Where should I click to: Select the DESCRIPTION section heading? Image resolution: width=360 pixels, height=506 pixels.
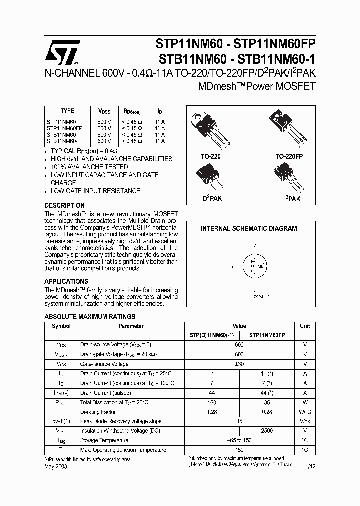click(64, 205)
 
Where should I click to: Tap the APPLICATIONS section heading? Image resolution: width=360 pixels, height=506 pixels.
click(66, 281)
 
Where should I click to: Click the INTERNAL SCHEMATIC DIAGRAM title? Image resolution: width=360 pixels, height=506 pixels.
click(249, 228)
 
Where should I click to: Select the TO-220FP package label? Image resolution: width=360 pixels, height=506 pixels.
click(289, 156)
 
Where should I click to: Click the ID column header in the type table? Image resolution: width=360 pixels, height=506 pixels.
click(159, 111)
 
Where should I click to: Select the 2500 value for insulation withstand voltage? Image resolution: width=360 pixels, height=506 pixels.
click(267, 431)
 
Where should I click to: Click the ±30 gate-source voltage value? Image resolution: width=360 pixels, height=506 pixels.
click(239, 364)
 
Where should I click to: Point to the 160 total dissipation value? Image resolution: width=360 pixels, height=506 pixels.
click(212, 402)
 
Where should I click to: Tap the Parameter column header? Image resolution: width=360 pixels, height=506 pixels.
click(131, 326)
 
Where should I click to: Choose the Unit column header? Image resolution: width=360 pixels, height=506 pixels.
click(305, 326)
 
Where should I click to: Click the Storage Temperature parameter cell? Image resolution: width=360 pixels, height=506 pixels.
click(104, 440)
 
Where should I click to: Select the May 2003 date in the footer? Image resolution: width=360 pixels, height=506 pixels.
click(56, 466)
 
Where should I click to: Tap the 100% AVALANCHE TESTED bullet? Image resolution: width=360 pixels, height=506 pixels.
click(89, 167)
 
